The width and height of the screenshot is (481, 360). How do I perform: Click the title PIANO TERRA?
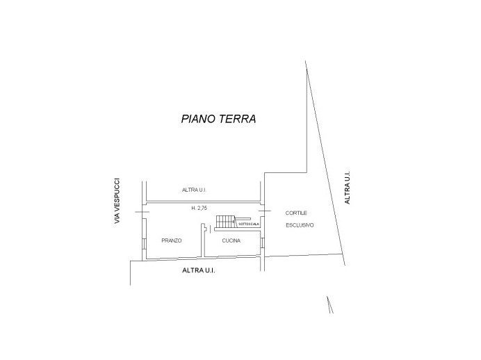coord(219,119)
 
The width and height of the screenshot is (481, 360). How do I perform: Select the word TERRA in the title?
coord(238,119)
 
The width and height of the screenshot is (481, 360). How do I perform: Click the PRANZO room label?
coord(171,240)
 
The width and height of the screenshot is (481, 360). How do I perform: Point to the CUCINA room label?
coord(231,240)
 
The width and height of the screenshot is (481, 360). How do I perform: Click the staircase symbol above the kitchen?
coord(225,221)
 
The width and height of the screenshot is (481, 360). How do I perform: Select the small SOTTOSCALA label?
coord(249,224)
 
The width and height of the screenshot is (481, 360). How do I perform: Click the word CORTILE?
coord(296,212)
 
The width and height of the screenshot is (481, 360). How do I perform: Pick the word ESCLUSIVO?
coord(300,225)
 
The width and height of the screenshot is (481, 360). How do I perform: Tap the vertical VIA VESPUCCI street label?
coord(117,199)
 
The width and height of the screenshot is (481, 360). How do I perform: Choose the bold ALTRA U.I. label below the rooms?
coord(199,270)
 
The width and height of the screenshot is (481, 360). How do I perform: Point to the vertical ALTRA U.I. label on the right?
coord(348,187)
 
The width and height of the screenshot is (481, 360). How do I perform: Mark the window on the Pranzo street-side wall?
coord(144,245)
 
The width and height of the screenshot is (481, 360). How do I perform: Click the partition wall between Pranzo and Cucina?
coord(204,240)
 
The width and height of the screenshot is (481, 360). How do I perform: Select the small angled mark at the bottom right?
coord(329,304)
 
